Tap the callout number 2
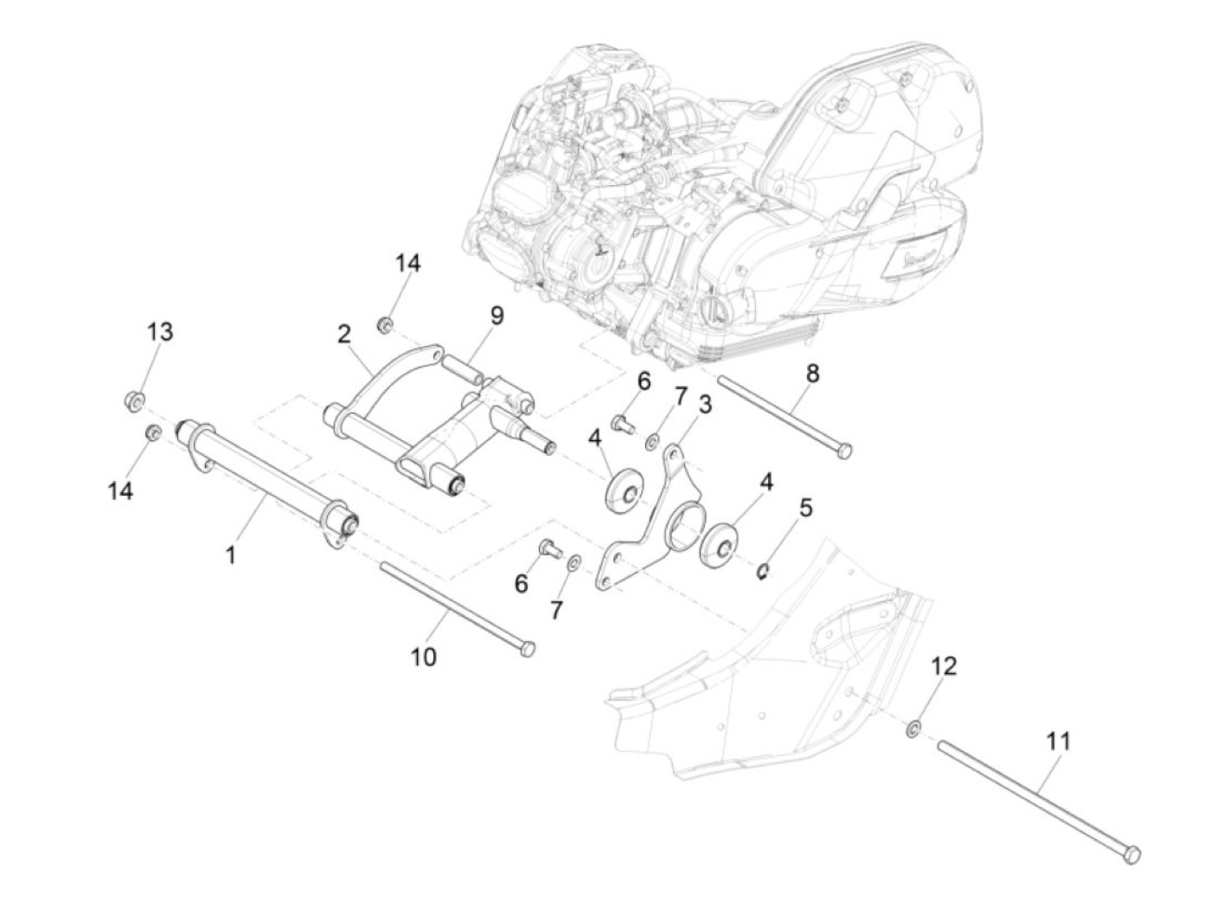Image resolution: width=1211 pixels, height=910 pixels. pos(343,334)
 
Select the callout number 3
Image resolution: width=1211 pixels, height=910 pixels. pos(705,404)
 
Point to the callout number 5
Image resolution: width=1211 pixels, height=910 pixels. pos(805,508)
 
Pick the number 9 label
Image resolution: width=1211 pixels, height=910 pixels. pos(496,316)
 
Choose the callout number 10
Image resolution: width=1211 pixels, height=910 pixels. pos(423,657)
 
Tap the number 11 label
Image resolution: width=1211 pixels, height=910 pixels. pos(1058,741)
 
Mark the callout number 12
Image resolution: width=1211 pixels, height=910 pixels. pos(944,666)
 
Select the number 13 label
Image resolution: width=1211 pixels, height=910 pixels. pos(159,331)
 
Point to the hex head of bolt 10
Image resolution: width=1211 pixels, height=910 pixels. pos(526,649)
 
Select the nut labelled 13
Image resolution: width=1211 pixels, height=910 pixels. pos(133,401)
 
